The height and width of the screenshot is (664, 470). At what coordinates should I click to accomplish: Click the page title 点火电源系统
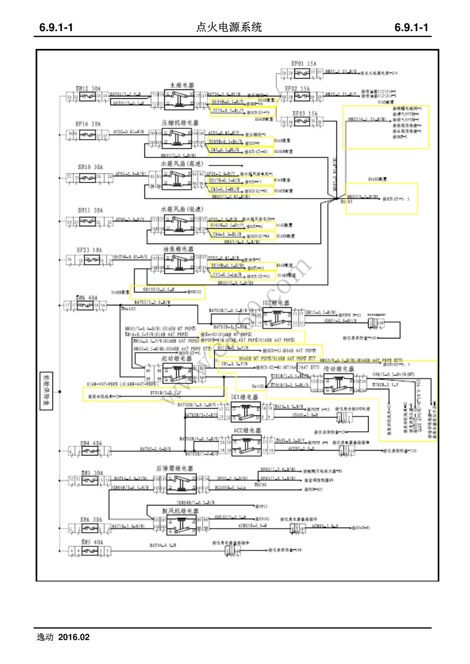(x=229, y=28)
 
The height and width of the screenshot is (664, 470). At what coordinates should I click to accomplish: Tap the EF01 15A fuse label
(x=304, y=64)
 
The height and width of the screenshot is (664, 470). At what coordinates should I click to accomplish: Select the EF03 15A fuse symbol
(x=302, y=122)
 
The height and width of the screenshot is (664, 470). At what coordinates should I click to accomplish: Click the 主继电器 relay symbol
(x=179, y=99)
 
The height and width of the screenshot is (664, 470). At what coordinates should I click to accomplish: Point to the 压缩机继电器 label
(x=180, y=123)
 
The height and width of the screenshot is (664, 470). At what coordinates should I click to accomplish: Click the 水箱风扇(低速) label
(x=182, y=209)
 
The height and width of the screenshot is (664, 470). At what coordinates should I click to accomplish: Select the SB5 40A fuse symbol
(x=90, y=550)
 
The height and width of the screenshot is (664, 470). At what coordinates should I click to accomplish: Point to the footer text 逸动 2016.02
(x=63, y=637)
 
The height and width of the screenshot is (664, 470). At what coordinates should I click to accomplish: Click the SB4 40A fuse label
(x=91, y=443)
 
